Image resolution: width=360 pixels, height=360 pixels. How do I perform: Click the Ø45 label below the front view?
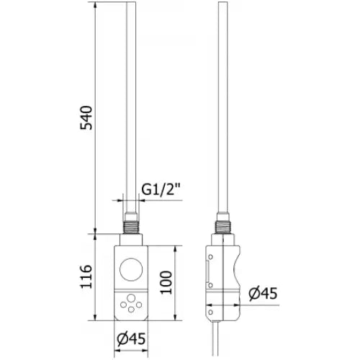pos(132,338)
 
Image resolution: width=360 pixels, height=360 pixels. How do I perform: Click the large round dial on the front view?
pos(132,269)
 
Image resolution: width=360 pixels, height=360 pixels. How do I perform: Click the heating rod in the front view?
pos(132,108)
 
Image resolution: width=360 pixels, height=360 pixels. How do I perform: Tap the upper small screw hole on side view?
pos(210,256)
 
